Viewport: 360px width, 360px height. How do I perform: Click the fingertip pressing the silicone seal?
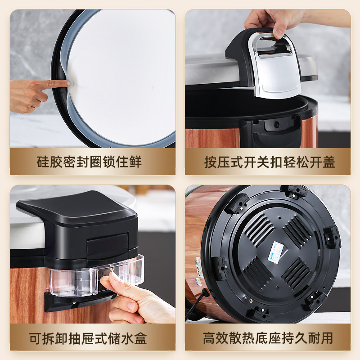[x=66, y=83]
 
